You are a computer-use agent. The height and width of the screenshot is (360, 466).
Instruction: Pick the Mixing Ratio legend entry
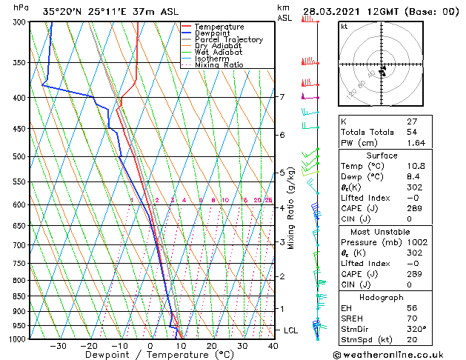(219, 65)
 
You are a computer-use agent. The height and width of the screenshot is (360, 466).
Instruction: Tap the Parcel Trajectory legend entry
(228, 40)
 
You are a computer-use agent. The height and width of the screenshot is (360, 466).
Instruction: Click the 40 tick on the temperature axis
(273, 345)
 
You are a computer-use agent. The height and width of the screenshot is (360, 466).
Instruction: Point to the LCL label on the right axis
(291, 330)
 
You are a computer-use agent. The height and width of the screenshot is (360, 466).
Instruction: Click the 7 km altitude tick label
(282, 97)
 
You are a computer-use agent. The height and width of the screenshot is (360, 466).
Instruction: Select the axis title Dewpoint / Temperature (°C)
(150, 355)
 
